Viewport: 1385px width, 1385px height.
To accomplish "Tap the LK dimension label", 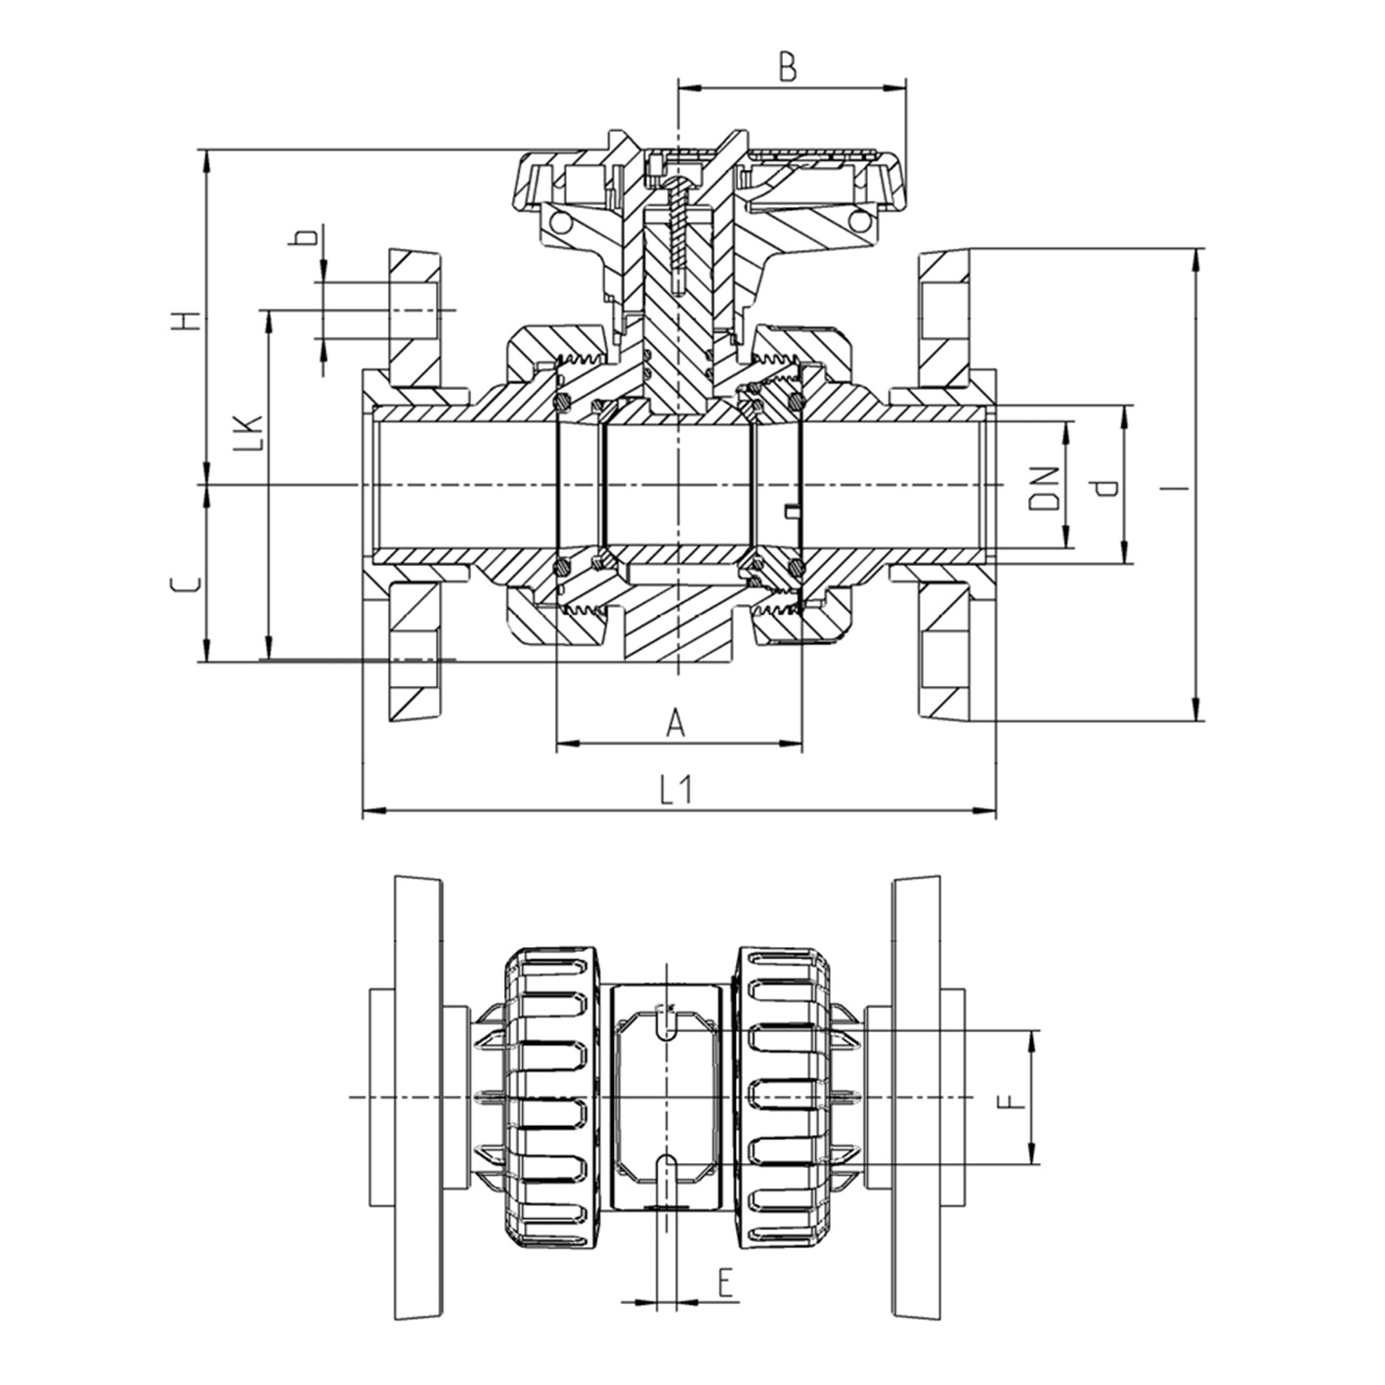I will [x=250, y=433].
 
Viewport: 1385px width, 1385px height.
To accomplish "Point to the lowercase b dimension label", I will [x=306, y=238].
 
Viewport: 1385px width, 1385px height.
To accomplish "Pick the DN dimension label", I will [x=1045, y=489].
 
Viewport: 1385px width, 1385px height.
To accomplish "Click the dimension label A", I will [x=675, y=724].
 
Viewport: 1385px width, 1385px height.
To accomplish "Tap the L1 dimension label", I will [x=675, y=790].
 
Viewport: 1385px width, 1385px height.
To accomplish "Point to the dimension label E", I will [x=725, y=1280].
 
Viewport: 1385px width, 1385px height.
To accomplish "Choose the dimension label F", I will [x=1013, y=1103].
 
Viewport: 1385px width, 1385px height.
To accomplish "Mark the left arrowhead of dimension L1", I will [x=370, y=810].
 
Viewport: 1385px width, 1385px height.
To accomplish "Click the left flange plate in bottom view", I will [x=417, y=1099].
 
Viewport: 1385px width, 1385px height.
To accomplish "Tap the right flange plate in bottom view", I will [x=916, y=1099].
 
